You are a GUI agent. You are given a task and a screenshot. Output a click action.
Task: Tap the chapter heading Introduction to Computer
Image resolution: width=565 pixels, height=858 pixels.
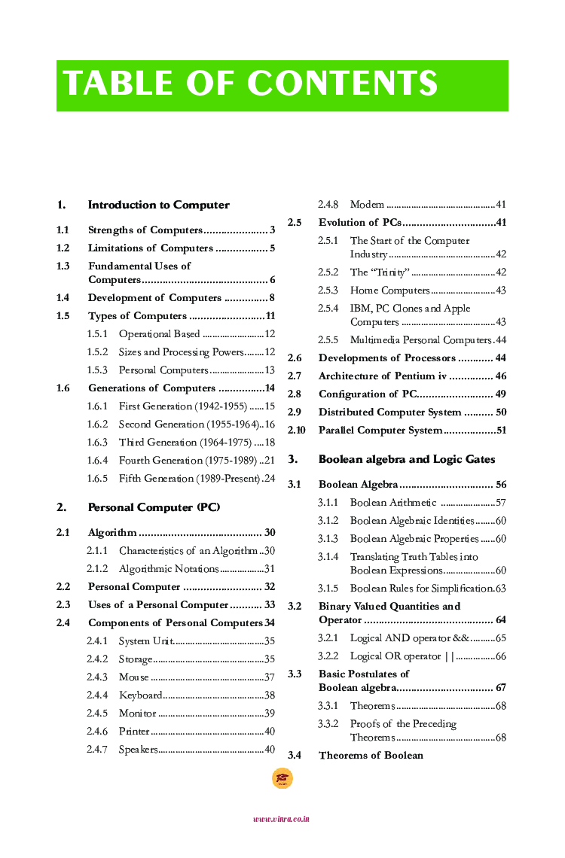[x=158, y=205]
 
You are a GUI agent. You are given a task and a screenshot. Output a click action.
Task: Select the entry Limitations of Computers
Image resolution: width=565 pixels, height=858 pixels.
[x=151, y=248]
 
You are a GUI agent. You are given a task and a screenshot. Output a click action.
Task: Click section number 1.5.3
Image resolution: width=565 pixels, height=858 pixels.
[x=97, y=370]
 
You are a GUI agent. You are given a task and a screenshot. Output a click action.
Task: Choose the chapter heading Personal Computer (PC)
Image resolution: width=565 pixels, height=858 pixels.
[x=154, y=507]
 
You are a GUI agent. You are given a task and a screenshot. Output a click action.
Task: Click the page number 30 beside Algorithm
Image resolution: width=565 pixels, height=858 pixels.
[x=269, y=533]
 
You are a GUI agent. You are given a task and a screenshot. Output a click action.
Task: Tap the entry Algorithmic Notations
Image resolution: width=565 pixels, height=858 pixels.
[x=169, y=569]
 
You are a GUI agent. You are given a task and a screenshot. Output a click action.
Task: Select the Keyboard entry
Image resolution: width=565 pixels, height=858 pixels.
[x=140, y=695]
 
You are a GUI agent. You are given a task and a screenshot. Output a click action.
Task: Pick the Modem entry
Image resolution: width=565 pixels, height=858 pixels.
[x=367, y=205]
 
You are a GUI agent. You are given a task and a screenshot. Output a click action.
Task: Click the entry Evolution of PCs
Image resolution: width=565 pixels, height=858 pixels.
[x=359, y=223]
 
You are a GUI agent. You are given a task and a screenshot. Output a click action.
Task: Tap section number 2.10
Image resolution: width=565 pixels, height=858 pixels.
[x=296, y=431]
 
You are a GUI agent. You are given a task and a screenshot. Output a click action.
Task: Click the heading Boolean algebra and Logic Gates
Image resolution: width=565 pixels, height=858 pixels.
[x=407, y=459]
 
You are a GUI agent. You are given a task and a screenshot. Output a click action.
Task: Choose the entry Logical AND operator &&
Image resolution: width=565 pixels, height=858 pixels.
[x=410, y=638]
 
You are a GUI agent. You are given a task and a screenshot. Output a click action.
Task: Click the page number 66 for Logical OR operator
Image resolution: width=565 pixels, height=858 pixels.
[x=500, y=656]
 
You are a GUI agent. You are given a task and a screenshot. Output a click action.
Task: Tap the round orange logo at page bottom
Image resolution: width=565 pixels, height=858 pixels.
[x=282, y=779]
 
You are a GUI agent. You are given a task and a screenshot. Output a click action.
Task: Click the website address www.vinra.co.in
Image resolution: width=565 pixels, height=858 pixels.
[x=282, y=820]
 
